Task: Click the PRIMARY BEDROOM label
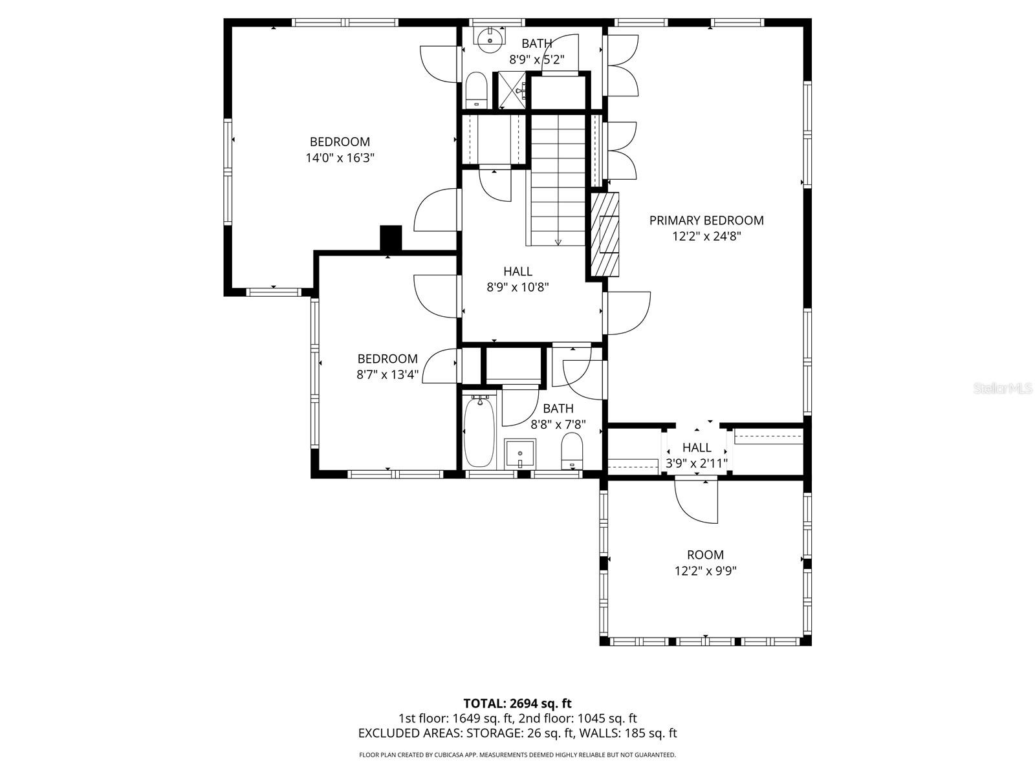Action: [x=706, y=221]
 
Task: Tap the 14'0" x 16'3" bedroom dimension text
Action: [x=340, y=158]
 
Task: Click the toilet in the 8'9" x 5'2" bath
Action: [x=476, y=91]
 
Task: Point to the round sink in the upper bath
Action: [x=490, y=36]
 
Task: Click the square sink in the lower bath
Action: [x=520, y=454]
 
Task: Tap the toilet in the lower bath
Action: [x=572, y=451]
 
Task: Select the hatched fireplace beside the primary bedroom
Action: [x=604, y=234]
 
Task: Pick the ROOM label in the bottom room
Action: [x=705, y=555]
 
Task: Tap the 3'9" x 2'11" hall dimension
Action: [x=697, y=463]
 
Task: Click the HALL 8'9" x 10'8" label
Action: [x=517, y=279]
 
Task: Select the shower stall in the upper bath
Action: [x=511, y=91]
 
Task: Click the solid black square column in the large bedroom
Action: [x=391, y=238]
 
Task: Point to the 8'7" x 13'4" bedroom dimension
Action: [x=387, y=374]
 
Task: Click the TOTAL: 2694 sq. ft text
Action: [x=517, y=704]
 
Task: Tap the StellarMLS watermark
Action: [x=1003, y=389]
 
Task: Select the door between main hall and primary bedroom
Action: [x=626, y=313]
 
